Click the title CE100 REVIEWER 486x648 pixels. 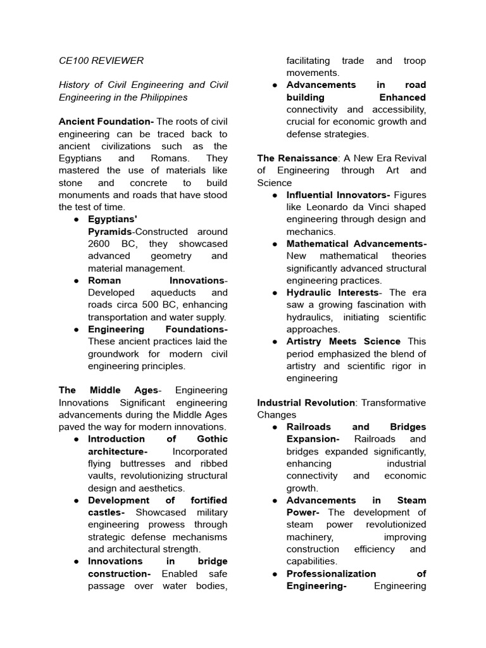click(101, 61)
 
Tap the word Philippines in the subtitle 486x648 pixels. click(163, 97)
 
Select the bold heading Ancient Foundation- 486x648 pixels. click(106, 121)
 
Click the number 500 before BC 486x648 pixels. click(152, 305)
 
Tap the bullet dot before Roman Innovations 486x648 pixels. click(75, 280)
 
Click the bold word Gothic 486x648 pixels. click(211, 439)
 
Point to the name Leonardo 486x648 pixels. click(332, 207)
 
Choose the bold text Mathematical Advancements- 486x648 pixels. click(356, 244)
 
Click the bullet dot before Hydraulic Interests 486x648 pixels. click(274, 292)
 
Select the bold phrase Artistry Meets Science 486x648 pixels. click(343, 341)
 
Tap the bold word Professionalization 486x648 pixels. click(331, 573)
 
